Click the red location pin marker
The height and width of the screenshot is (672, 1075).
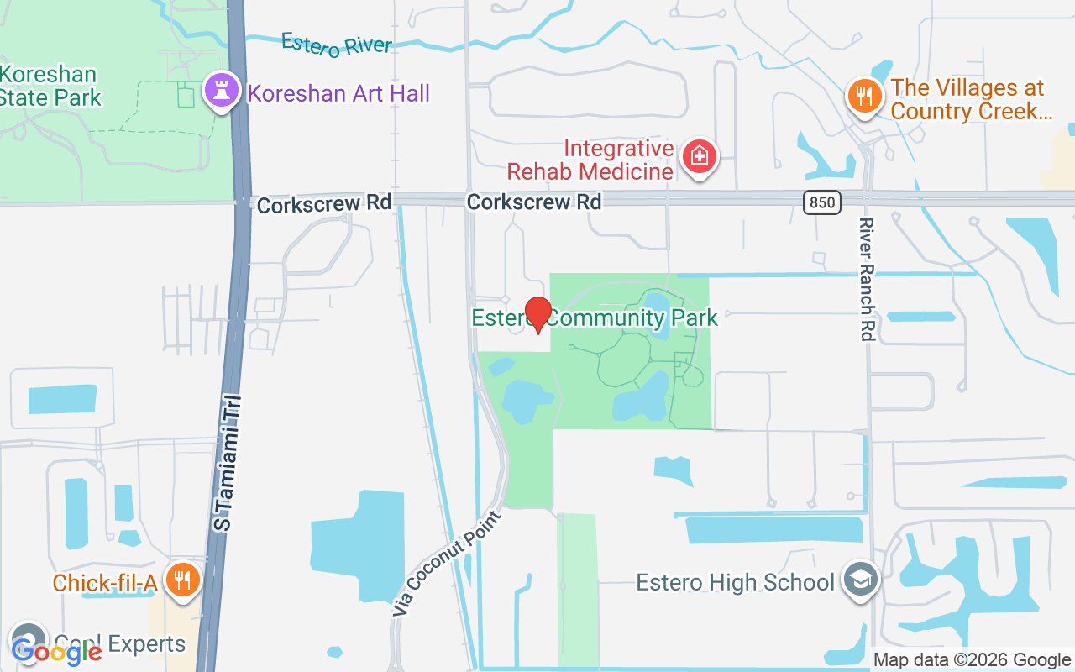(537, 314)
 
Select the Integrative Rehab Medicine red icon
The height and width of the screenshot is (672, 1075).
(698, 156)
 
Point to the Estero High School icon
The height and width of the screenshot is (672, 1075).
(861, 580)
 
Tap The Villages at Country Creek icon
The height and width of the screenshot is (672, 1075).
(863, 94)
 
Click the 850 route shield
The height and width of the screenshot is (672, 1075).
(821, 202)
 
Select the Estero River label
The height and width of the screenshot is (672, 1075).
(336, 45)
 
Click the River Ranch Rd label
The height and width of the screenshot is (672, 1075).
(866, 279)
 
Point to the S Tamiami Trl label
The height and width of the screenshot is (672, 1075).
(225, 463)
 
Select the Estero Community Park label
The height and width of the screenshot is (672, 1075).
(595, 318)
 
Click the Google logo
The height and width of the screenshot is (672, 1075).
(55, 651)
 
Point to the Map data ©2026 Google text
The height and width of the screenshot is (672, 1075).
(972, 660)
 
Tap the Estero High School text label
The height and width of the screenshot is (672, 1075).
(735, 582)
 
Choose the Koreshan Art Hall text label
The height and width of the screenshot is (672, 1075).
(338, 92)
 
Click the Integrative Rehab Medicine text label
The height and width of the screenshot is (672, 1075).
(590, 160)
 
